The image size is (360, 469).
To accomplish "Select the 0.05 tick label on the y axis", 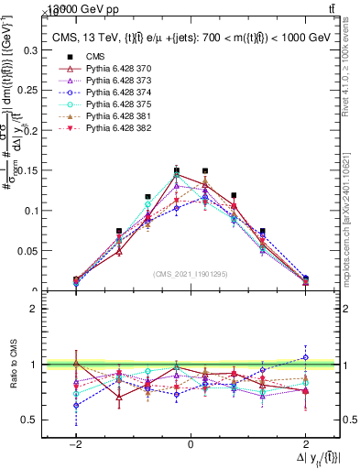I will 27,251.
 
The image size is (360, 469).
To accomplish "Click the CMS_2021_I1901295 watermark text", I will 191,274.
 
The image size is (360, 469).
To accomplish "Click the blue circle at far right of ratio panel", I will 306,358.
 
